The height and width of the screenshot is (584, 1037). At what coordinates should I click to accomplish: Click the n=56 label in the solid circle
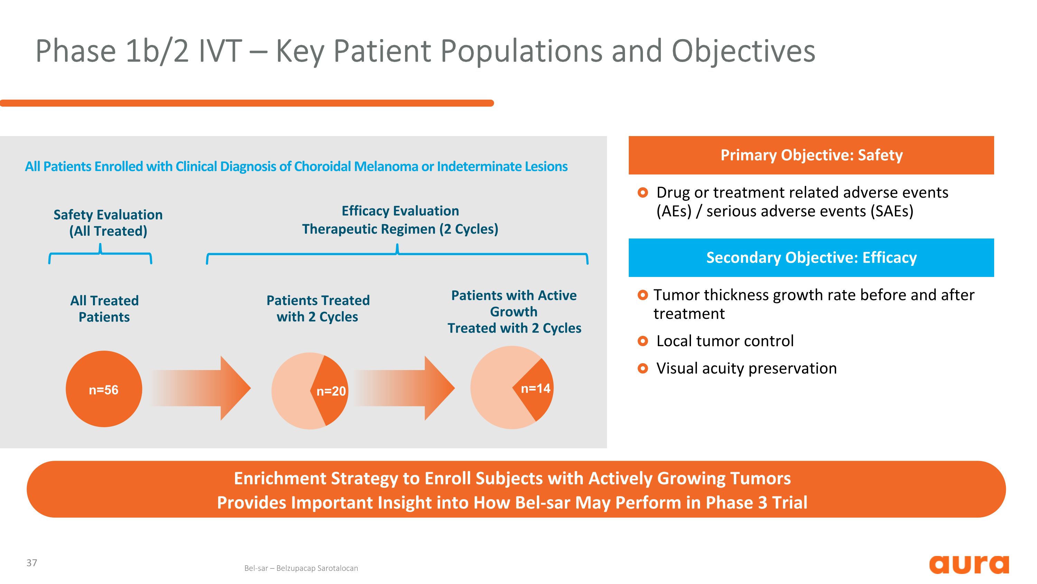[103, 390]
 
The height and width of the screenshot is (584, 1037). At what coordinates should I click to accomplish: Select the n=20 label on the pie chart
[331, 391]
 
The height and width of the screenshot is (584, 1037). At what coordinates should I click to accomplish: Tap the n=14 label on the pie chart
[535, 388]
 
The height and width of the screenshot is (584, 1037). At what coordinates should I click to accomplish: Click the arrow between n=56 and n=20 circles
[201, 388]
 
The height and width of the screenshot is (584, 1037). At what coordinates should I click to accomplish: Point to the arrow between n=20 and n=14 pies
[404, 388]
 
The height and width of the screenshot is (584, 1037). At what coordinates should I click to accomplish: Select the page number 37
[32, 563]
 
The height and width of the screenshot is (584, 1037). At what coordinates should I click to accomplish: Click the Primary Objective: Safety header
[811, 155]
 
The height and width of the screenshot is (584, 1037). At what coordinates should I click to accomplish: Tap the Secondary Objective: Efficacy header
[811, 258]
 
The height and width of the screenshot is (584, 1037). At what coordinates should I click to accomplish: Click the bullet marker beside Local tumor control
[643, 341]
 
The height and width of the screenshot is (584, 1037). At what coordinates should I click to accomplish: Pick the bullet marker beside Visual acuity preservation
[643, 368]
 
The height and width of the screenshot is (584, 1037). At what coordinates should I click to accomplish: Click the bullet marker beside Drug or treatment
[643, 193]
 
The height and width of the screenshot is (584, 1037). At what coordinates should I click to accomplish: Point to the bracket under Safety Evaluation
[100, 254]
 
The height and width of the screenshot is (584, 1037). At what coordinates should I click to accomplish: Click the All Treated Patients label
[104, 309]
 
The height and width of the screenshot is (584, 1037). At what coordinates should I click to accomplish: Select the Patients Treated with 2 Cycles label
[318, 308]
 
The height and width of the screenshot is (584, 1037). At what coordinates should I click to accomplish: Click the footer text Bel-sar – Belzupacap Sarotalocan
[301, 568]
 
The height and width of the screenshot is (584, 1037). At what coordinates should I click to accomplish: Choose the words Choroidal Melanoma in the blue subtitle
[356, 167]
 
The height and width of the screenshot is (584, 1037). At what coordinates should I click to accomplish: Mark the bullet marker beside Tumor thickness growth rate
[643, 295]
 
